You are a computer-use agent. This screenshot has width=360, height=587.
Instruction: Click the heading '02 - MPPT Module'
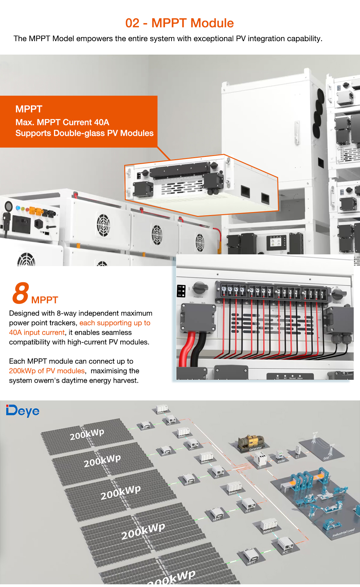[179, 23]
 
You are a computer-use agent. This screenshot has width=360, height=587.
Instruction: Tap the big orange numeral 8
[21, 293]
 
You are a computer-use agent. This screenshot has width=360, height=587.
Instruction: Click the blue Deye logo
[23, 411]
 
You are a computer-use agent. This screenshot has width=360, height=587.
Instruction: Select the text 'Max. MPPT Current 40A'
[62, 122]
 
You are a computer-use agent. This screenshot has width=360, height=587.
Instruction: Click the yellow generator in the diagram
[251, 441]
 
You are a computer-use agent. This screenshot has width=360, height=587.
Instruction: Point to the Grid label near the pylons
[326, 458]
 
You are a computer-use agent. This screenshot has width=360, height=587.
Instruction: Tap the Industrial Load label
[343, 533]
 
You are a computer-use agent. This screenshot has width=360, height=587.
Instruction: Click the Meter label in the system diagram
[281, 461]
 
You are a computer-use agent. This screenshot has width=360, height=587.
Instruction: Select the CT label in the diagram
[297, 457]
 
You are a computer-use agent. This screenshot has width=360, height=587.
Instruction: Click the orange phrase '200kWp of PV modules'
[47, 371]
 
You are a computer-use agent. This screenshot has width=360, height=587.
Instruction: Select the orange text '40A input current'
[37, 332]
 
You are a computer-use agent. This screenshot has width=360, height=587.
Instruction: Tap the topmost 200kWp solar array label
[87, 434]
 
